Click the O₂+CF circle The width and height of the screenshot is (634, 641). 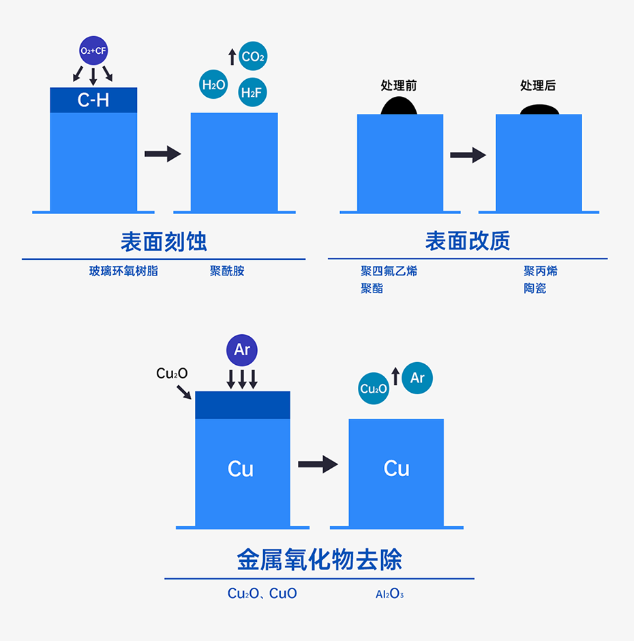tap(93, 50)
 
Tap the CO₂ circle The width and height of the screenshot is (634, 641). tap(253, 57)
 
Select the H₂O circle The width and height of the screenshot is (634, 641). tap(213, 85)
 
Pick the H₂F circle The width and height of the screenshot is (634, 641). tap(253, 93)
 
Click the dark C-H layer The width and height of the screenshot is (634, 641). tap(93, 100)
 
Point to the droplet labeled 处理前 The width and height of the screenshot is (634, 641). tap(399, 106)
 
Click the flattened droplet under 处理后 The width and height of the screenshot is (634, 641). tap(539, 109)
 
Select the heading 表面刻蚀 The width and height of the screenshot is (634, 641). tap(164, 241)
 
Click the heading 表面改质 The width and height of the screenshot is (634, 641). tap(468, 241)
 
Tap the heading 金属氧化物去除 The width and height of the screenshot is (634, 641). tap(319, 560)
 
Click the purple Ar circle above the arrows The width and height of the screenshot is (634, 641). tap(242, 350)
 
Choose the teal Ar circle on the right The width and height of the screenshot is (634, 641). tap(417, 378)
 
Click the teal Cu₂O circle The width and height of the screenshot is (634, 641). tap(374, 389)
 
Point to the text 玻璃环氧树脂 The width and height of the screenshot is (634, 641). tap(123, 271)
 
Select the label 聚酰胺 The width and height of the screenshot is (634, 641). tap(227, 271)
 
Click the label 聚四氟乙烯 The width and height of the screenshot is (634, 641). tap(389, 271)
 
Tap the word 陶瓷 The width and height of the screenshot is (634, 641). tap(534, 288)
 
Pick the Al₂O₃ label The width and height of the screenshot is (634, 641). tap(389, 594)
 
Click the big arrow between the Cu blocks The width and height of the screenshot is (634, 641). tap(318, 464)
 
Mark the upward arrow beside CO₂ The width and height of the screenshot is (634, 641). tap(232, 57)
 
